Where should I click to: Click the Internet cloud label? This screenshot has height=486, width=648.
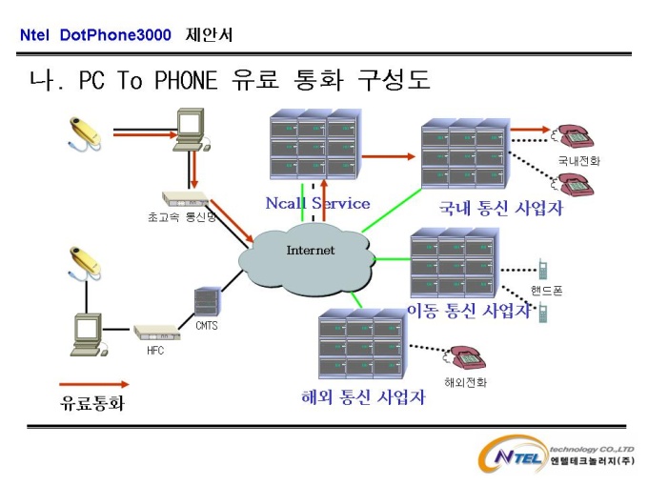click(x=311, y=250)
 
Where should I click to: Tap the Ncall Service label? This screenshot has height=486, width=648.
click(x=317, y=203)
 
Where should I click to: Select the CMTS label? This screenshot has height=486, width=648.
click(x=207, y=326)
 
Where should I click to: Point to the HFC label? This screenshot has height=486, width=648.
click(x=155, y=351)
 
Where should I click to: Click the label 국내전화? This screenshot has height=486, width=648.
click(x=579, y=160)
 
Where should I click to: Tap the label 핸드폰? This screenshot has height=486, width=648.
click(x=546, y=290)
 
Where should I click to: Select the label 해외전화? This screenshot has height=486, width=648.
click(x=465, y=382)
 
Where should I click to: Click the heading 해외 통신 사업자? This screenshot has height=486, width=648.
click(x=363, y=397)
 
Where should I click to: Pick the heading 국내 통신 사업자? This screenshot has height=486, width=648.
click(x=501, y=208)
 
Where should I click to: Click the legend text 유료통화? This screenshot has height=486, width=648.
click(x=92, y=403)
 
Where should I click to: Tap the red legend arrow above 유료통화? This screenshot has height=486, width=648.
click(x=93, y=384)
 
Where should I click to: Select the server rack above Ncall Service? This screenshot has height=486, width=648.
click(x=315, y=144)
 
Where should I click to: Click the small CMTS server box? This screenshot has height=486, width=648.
click(x=206, y=302)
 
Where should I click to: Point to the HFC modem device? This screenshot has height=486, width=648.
click(x=157, y=333)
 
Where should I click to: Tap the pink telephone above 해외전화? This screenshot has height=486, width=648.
click(x=465, y=357)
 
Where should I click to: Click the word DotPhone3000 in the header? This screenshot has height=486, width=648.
click(x=115, y=34)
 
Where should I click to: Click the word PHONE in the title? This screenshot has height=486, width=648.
click(x=186, y=80)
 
